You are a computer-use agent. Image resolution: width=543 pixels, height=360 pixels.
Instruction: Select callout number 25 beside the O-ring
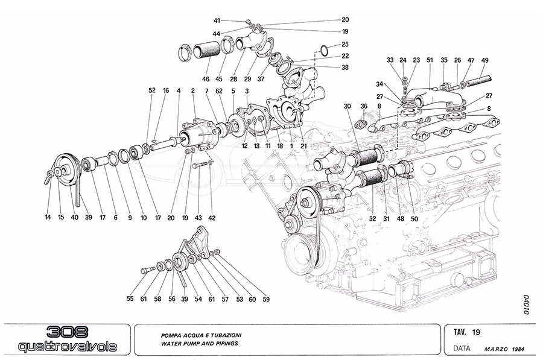345,44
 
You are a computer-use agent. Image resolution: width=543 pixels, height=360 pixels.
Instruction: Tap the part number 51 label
430,60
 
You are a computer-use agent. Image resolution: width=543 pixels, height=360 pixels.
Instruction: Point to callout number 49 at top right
485,60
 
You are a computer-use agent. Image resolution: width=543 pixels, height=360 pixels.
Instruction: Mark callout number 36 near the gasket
364,107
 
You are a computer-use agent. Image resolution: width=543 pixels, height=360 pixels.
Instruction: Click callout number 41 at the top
235,20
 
